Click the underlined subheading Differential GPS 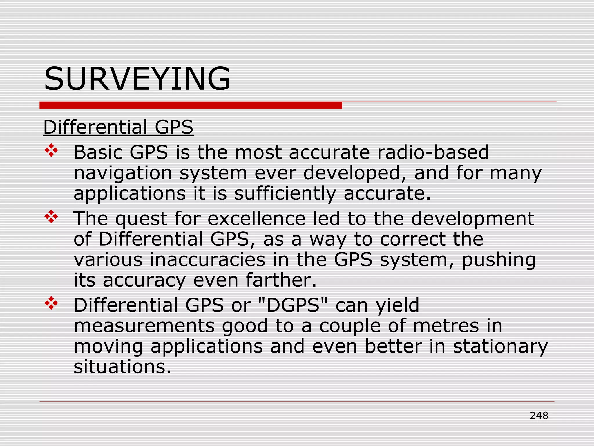click(118, 127)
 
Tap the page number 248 click(539, 416)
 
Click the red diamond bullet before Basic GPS click(51, 151)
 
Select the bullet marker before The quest click(51, 217)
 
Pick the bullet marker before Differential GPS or click(51, 303)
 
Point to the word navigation click(123, 173)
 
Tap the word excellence click(256, 218)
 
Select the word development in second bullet click(472, 219)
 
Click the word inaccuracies click(207, 260)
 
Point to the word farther click(281, 280)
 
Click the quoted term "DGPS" click(293, 305)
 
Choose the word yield click(397, 305)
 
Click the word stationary click(500, 347)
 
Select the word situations click(122, 367)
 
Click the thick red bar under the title click(191, 105)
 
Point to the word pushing click(499, 260)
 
